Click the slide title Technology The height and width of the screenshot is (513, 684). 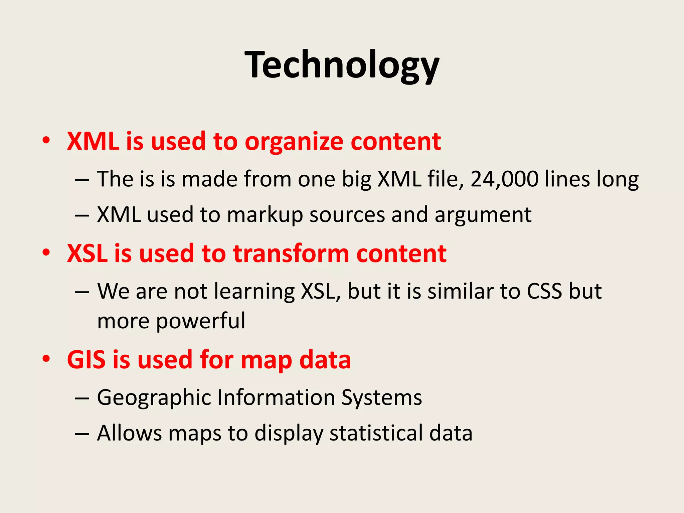[342, 65]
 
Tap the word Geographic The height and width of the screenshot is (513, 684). [154, 398]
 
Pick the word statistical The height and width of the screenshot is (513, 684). [376, 434]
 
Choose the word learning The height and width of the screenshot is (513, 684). [254, 292]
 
